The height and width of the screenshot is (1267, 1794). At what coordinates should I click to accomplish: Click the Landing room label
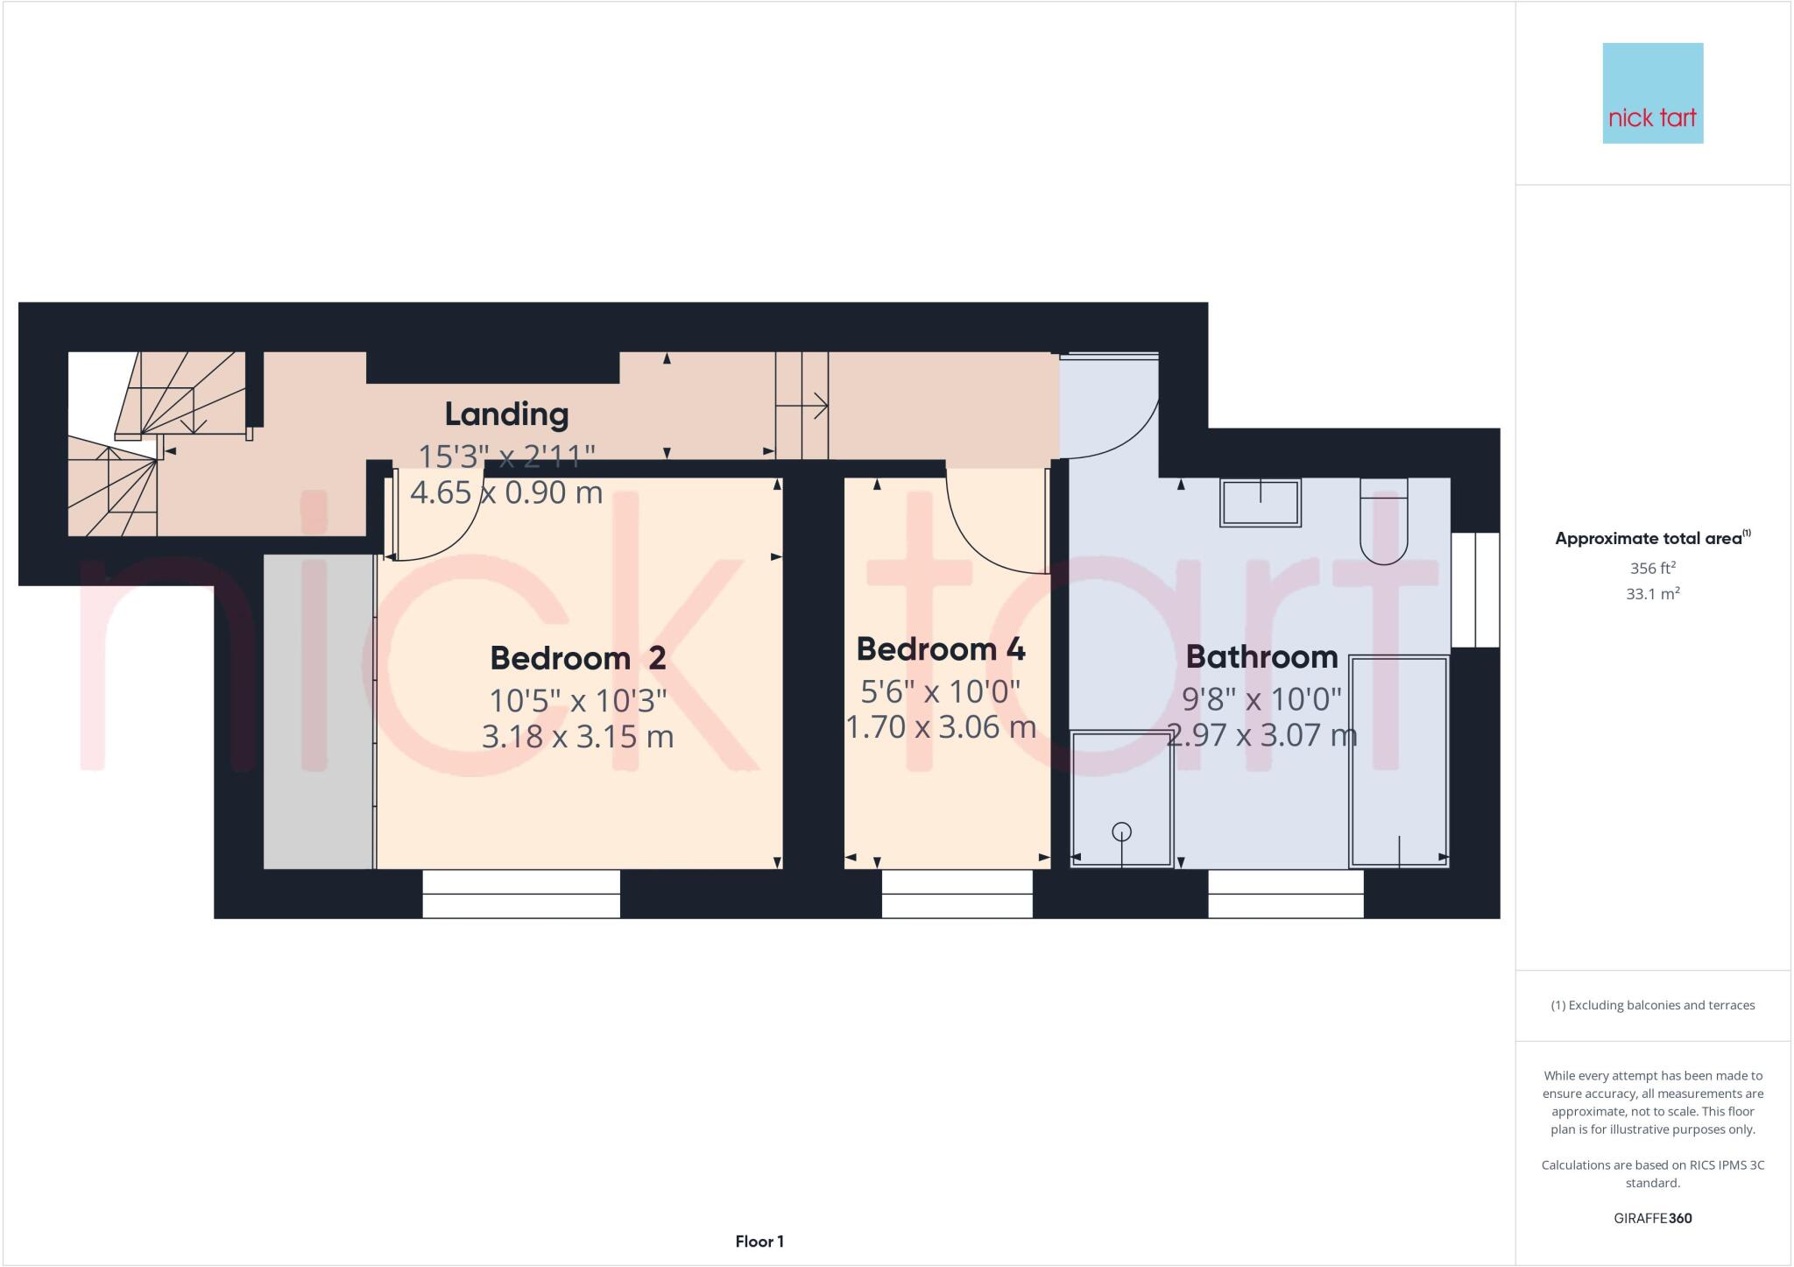(x=506, y=414)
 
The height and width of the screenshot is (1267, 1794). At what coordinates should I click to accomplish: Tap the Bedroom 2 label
(x=577, y=657)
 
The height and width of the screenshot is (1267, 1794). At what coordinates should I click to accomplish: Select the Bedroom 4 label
(x=940, y=649)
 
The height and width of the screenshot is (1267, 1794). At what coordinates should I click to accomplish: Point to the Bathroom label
(x=1261, y=656)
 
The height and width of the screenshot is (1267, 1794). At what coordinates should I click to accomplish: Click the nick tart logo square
(x=1652, y=93)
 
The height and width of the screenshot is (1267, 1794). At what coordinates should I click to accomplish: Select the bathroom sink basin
(x=1260, y=502)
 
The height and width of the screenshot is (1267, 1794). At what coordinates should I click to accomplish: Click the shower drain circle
(x=1121, y=832)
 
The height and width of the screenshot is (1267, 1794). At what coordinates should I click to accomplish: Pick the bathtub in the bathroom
(x=1399, y=761)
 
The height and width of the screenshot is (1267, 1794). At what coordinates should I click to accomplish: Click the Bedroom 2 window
(x=521, y=894)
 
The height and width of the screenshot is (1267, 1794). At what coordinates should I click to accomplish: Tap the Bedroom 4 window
(x=957, y=894)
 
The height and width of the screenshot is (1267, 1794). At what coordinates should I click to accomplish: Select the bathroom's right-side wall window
(x=1475, y=590)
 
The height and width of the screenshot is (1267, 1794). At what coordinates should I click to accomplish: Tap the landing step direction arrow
(x=802, y=406)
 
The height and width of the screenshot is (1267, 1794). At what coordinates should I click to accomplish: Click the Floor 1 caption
(x=759, y=1242)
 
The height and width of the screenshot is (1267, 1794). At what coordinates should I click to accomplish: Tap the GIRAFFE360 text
(x=1652, y=1218)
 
